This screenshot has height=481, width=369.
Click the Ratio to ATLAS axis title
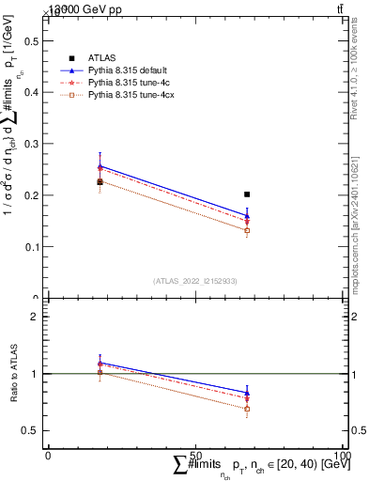click(12, 374)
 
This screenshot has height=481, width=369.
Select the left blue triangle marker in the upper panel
click(100, 166)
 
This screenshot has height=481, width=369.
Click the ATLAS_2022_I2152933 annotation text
click(195, 280)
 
